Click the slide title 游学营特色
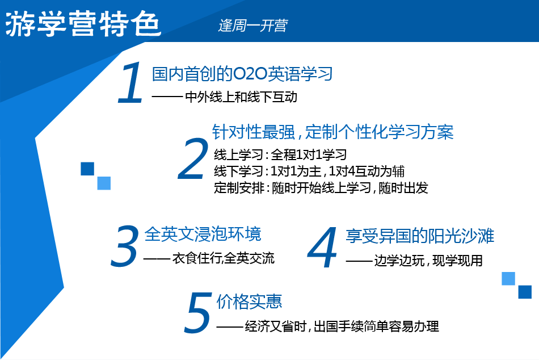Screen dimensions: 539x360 pos(83,24)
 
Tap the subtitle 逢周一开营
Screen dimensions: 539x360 pos(252,26)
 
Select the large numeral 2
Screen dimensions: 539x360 pos(193,159)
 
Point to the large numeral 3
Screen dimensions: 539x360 pos(125,246)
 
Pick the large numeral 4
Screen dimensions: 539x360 pos(322,247)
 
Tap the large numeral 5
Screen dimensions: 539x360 pos(198,312)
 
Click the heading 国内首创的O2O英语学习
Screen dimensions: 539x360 pos(242,74)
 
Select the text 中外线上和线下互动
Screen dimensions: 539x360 pos(241,97)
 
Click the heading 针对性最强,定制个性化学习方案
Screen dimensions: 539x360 pos(332,132)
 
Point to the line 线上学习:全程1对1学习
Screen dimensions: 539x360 pos(280,154)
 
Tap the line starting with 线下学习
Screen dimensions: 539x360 pos(309,171)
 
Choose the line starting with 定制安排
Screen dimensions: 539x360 pos(321,188)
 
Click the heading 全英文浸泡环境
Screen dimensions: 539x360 pos(203,234)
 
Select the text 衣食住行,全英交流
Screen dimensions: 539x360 pos(223,258)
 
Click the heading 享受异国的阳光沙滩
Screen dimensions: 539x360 pos(420,236)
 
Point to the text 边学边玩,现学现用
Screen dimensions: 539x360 pos(428,261)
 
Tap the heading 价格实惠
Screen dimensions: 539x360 pos(249,302)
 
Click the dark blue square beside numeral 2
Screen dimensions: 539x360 pos(87,169)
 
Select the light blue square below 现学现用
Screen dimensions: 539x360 pos(508,278)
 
